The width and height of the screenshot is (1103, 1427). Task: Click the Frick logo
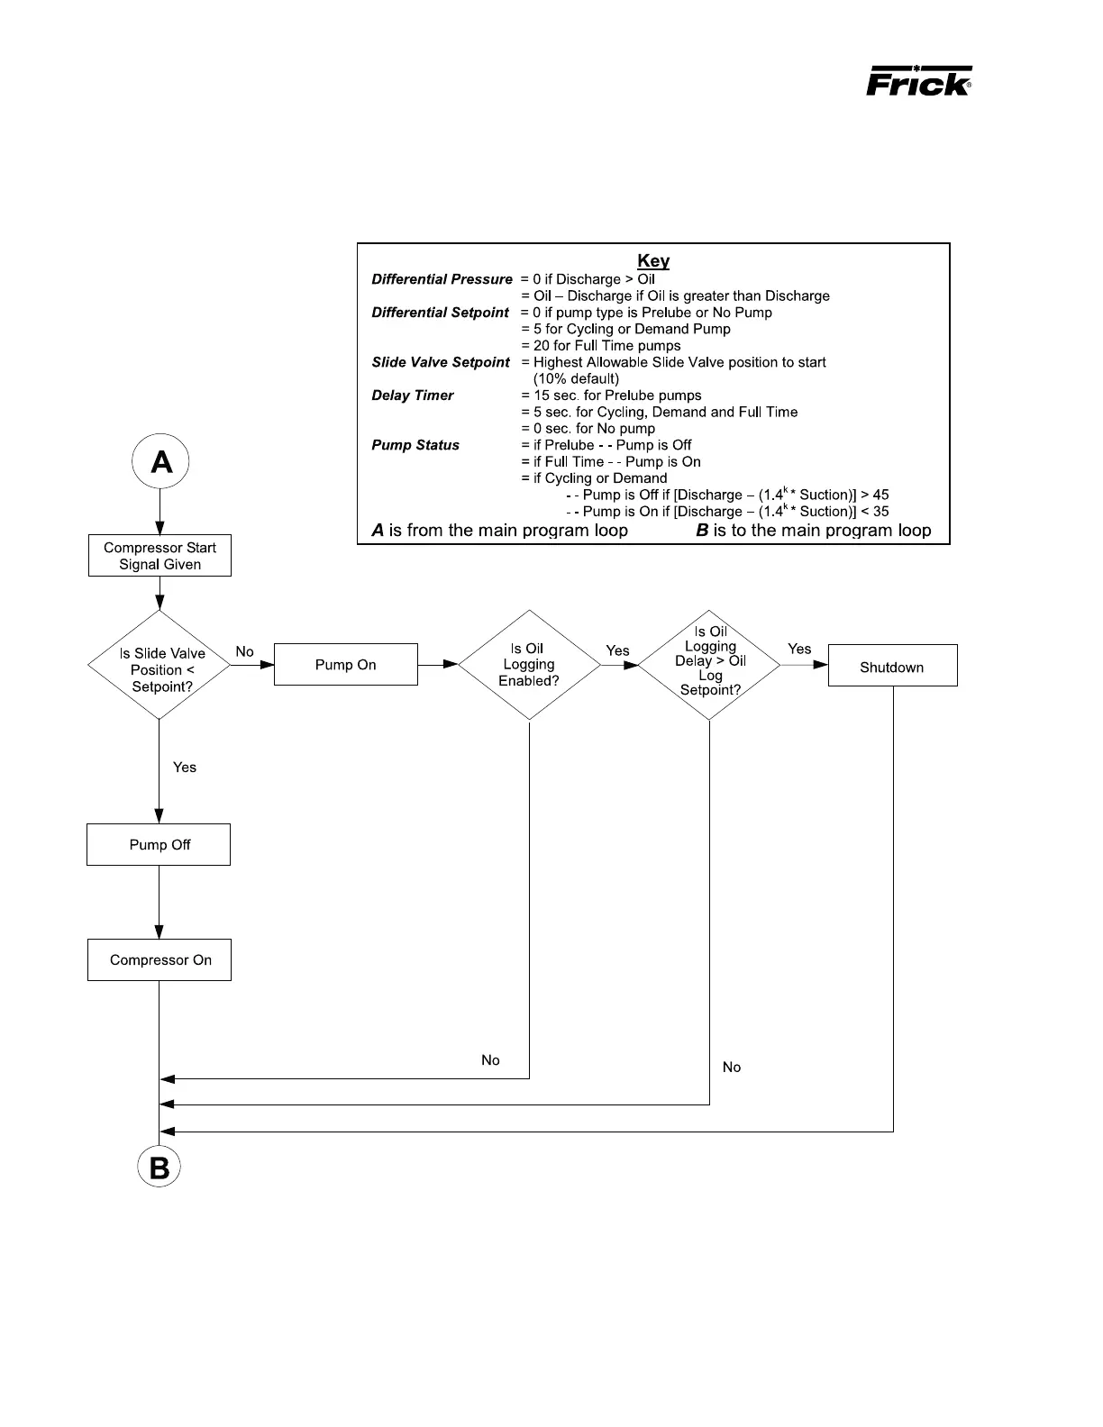click(918, 81)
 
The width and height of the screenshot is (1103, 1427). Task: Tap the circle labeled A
click(160, 462)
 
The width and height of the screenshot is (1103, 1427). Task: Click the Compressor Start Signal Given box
click(160, 556)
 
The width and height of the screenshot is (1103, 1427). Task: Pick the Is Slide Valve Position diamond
click(160, 666)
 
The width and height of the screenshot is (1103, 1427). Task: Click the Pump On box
click(345, 665)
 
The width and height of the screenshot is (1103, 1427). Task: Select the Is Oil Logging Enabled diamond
click(529, 665)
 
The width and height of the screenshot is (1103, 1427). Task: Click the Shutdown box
click(892, 667)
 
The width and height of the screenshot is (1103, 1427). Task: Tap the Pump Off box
click(159, 845)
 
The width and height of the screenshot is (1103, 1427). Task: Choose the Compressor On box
click(160, 960)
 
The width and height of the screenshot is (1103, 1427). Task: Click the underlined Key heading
click(653, 261)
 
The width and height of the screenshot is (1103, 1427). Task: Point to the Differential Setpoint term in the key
click(441, 313)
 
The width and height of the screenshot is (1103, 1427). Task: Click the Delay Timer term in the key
click(413, 395)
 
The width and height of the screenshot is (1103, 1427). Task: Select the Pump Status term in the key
click(415, 445)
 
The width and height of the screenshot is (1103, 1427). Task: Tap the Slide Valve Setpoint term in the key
click(441, 362)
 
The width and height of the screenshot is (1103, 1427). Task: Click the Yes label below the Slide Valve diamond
click(185, 768)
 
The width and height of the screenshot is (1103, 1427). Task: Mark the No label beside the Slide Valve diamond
click(244, 651)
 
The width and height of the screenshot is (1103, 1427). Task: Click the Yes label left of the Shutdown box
click(799, 649)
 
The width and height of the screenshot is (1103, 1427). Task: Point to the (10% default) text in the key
click(576, 378)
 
